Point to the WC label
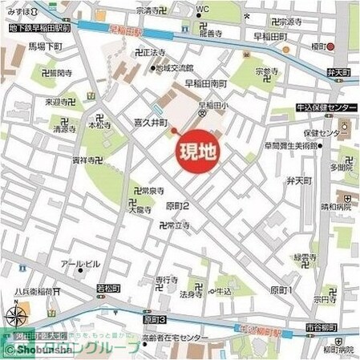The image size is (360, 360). pyautogui.click(x=201, y=10)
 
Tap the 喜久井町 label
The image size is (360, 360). pyautogui.click(x=150, y=124)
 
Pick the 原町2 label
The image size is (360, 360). pyautogui.click(x=178, y=206)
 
